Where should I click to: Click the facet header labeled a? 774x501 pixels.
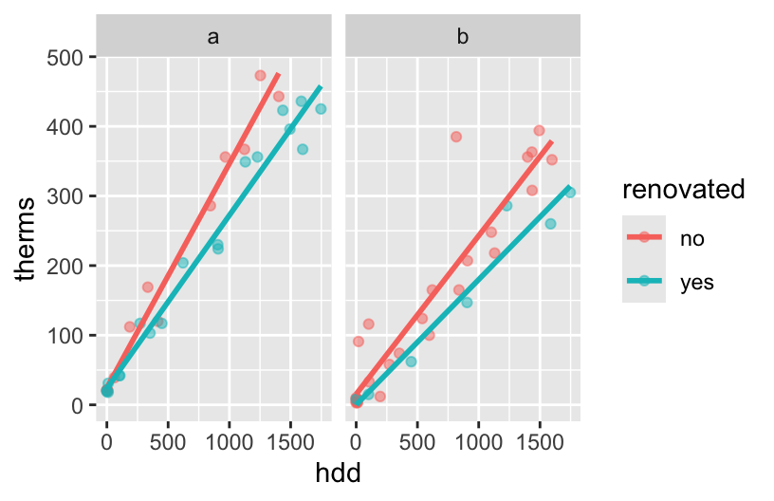coord(213,37)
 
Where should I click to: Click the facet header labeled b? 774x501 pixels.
coord(462,37)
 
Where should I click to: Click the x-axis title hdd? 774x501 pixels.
coord(338,471)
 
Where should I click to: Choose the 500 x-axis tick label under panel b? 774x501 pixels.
coord(417,442)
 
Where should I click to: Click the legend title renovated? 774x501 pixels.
coord(683,190)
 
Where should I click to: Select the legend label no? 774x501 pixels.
coord(691,239)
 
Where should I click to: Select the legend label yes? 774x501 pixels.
coord(696,282)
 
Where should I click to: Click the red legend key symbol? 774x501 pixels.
coord(644,239)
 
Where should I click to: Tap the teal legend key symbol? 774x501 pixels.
coord(644,282)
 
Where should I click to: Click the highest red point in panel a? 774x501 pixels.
coord(260,75)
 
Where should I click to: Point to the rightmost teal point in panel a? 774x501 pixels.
coord(321,109)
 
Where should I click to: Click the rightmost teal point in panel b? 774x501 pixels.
coord(570,193)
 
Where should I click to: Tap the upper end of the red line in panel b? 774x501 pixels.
coord(551,141)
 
